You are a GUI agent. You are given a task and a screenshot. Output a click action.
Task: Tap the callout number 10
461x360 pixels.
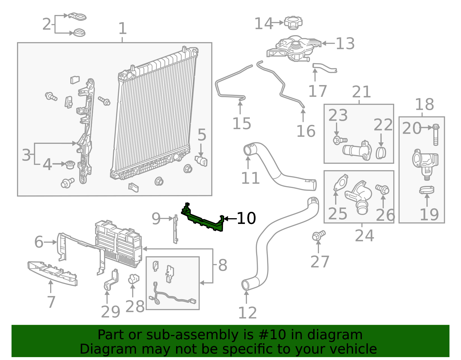(246, 218)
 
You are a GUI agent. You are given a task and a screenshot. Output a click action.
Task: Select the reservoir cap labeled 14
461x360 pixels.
(293, 22)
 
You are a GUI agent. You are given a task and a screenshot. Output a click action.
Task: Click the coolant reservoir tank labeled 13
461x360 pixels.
(294, 49)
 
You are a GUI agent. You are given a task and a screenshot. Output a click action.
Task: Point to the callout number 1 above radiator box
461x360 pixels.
(122, 29)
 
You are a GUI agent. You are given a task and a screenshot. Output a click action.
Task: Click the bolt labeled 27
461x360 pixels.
(318, 235)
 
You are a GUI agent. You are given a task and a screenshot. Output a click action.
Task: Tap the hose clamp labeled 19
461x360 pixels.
(427, 190)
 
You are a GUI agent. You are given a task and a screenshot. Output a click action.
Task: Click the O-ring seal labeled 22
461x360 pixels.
(381, 153)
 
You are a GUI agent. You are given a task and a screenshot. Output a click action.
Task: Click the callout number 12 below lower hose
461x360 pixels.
(247, 313)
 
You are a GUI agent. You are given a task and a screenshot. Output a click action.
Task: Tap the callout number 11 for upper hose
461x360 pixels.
(250, 178)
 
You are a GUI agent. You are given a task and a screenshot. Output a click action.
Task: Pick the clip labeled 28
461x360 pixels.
(133, 279)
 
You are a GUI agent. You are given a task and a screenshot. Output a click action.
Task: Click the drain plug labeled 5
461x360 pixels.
(201, 161)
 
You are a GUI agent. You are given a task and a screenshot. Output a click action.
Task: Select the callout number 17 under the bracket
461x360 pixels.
(317, 91)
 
